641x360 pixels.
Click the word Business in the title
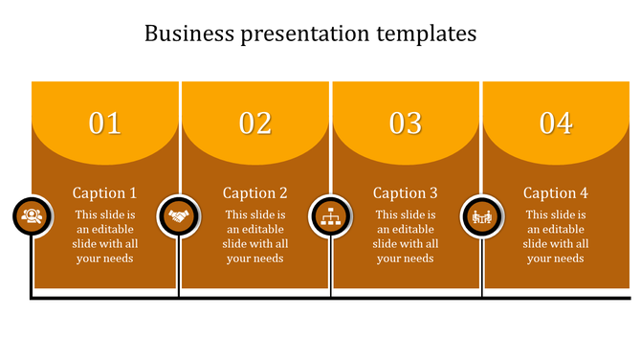[x=188, y=34]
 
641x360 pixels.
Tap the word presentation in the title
[x=304, y=34]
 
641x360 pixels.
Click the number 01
[x=105, y=123]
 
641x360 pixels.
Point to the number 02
[x=255, y=123]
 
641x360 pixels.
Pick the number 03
[x=406, y=123]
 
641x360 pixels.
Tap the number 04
[x=556, y=123]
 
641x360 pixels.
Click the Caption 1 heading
[x=105, y=192]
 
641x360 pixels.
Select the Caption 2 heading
[x=255, y=192]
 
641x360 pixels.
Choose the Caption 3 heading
[x=406, y=192]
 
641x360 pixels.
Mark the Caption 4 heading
[x=556, y=192]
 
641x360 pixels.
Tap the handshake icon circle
[x=178, y=216]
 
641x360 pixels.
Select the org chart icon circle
[x=331, y=216]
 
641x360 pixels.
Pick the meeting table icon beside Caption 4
[x=481, y=216]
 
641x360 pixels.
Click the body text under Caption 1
[x=105, y=236]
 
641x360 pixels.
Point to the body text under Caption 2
[x=255, y=236]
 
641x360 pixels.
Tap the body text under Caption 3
[x=406, y=236]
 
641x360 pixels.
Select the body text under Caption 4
[x=556, y=236]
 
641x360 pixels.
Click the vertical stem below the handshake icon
[x=180, y=268]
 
